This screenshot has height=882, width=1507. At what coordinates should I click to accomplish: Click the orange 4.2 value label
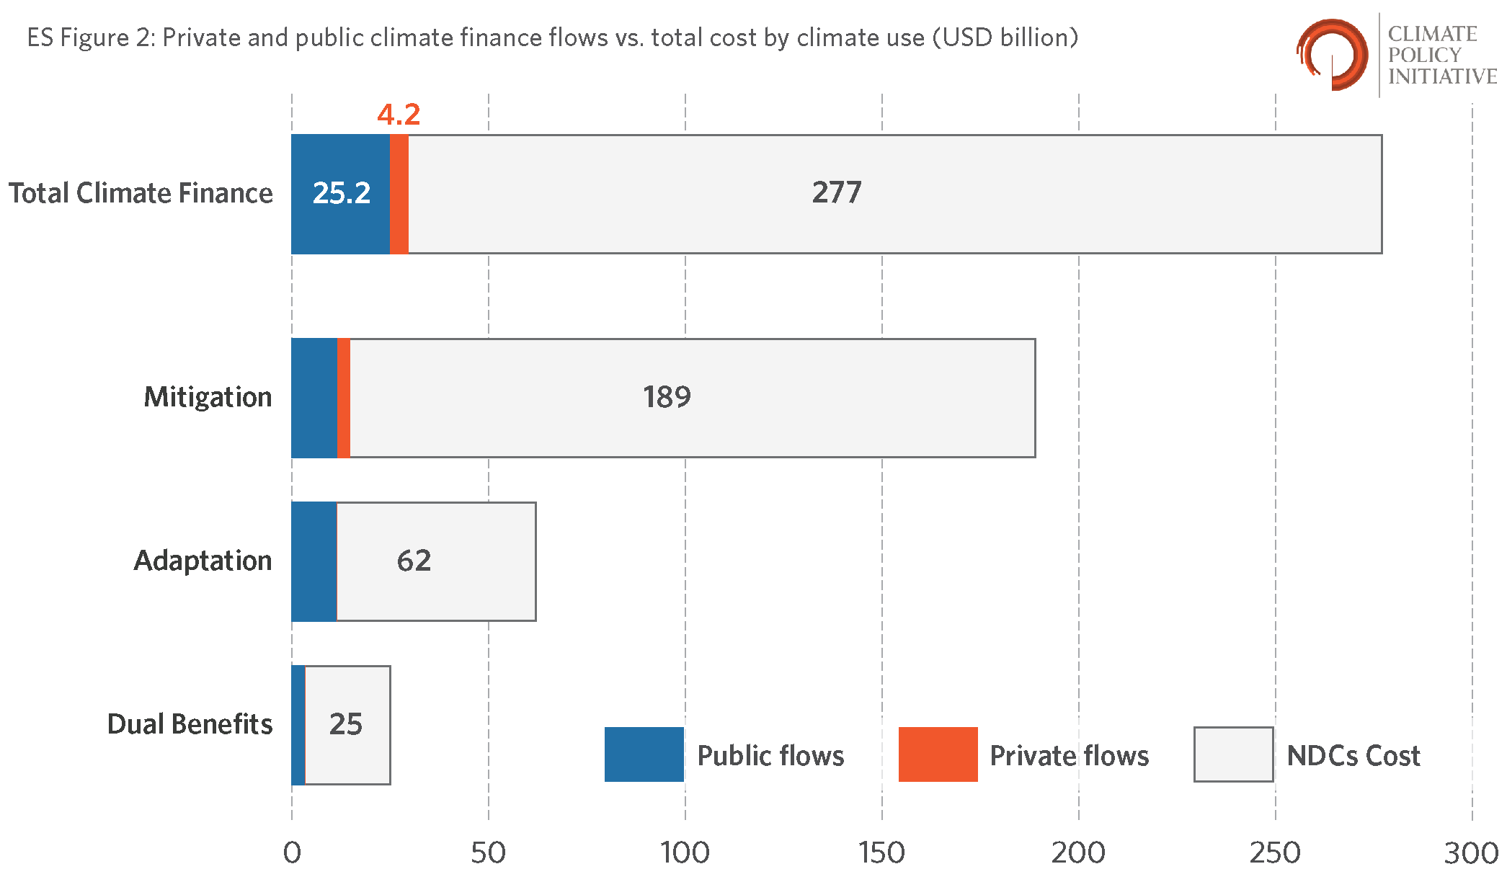(x=399, y=114)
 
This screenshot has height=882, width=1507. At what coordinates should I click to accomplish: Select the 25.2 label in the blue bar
(x=342, y=192)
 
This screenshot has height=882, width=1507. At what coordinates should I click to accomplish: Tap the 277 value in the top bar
(x=837, y=192)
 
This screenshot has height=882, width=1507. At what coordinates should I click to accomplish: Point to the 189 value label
(x=667, y=397)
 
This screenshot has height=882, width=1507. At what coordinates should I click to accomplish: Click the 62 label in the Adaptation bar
(x=414, y=561)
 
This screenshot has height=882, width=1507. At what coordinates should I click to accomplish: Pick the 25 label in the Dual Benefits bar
(x=346, y=724)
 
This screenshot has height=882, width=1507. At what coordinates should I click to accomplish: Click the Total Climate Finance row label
(x=141, y=193)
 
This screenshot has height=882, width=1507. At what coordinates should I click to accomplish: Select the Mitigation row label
(x=208, y=397)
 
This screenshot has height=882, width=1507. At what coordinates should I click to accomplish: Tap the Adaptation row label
(x=203, y=561)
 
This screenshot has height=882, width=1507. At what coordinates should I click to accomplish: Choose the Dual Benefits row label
(x=190, y=724)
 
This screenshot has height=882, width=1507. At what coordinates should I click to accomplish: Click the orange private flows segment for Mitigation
(x=344, y=398)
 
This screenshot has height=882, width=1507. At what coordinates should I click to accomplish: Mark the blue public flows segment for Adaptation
(x=314, y=561)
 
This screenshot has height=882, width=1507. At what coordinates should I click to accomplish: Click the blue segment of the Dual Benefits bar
(x=298, y=725)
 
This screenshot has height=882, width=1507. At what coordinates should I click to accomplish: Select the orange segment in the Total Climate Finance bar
(x=399, y=194)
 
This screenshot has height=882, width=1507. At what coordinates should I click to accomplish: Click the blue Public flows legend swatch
(x=644, y=754)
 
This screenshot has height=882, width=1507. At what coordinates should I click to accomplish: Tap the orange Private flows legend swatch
(x=938, y=754)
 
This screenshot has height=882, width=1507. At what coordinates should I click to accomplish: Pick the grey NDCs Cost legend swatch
(x=1234, y=754)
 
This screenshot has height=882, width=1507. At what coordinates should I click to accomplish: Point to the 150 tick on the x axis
(x=881, y=853)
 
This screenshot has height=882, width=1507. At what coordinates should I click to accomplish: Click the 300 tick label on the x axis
(x=1471, y=853)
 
